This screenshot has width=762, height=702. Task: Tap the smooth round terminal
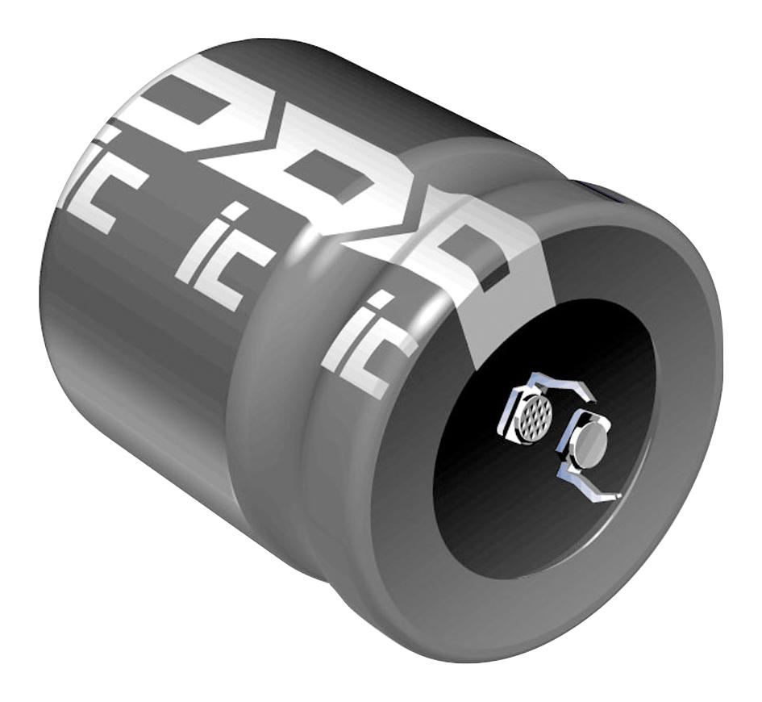point(590,445)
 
